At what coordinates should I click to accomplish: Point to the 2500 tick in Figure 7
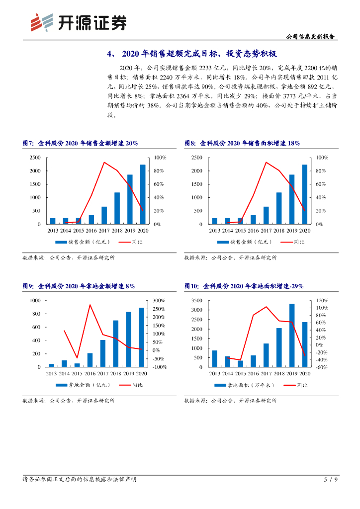(35, 158)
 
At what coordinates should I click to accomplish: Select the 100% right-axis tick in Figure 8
(322, 158)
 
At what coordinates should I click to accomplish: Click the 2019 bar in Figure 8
(292, 199)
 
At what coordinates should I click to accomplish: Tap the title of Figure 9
(79, 286)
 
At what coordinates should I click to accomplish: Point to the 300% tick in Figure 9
(159, 301)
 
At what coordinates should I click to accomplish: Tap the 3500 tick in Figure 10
(197, 301)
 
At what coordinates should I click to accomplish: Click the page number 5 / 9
(331, 480)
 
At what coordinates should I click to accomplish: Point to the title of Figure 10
(244, 286)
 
